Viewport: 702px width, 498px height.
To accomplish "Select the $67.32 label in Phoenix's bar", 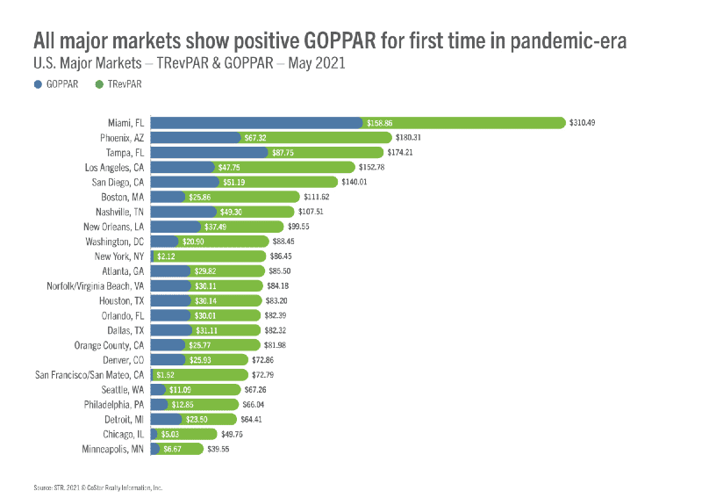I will click(254, 137).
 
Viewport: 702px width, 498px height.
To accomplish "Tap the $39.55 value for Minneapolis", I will click(218, 449).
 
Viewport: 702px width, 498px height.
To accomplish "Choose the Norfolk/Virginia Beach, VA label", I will click(96, 285).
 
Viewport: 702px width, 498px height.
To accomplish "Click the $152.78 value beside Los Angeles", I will click(374, 167).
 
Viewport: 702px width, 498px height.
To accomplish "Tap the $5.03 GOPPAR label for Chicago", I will click(170, 434).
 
